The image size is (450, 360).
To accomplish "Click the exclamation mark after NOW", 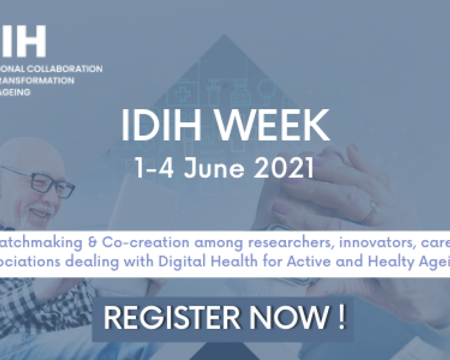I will [x=342, y=319].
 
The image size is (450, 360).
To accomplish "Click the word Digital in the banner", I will [x=185, y=262].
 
